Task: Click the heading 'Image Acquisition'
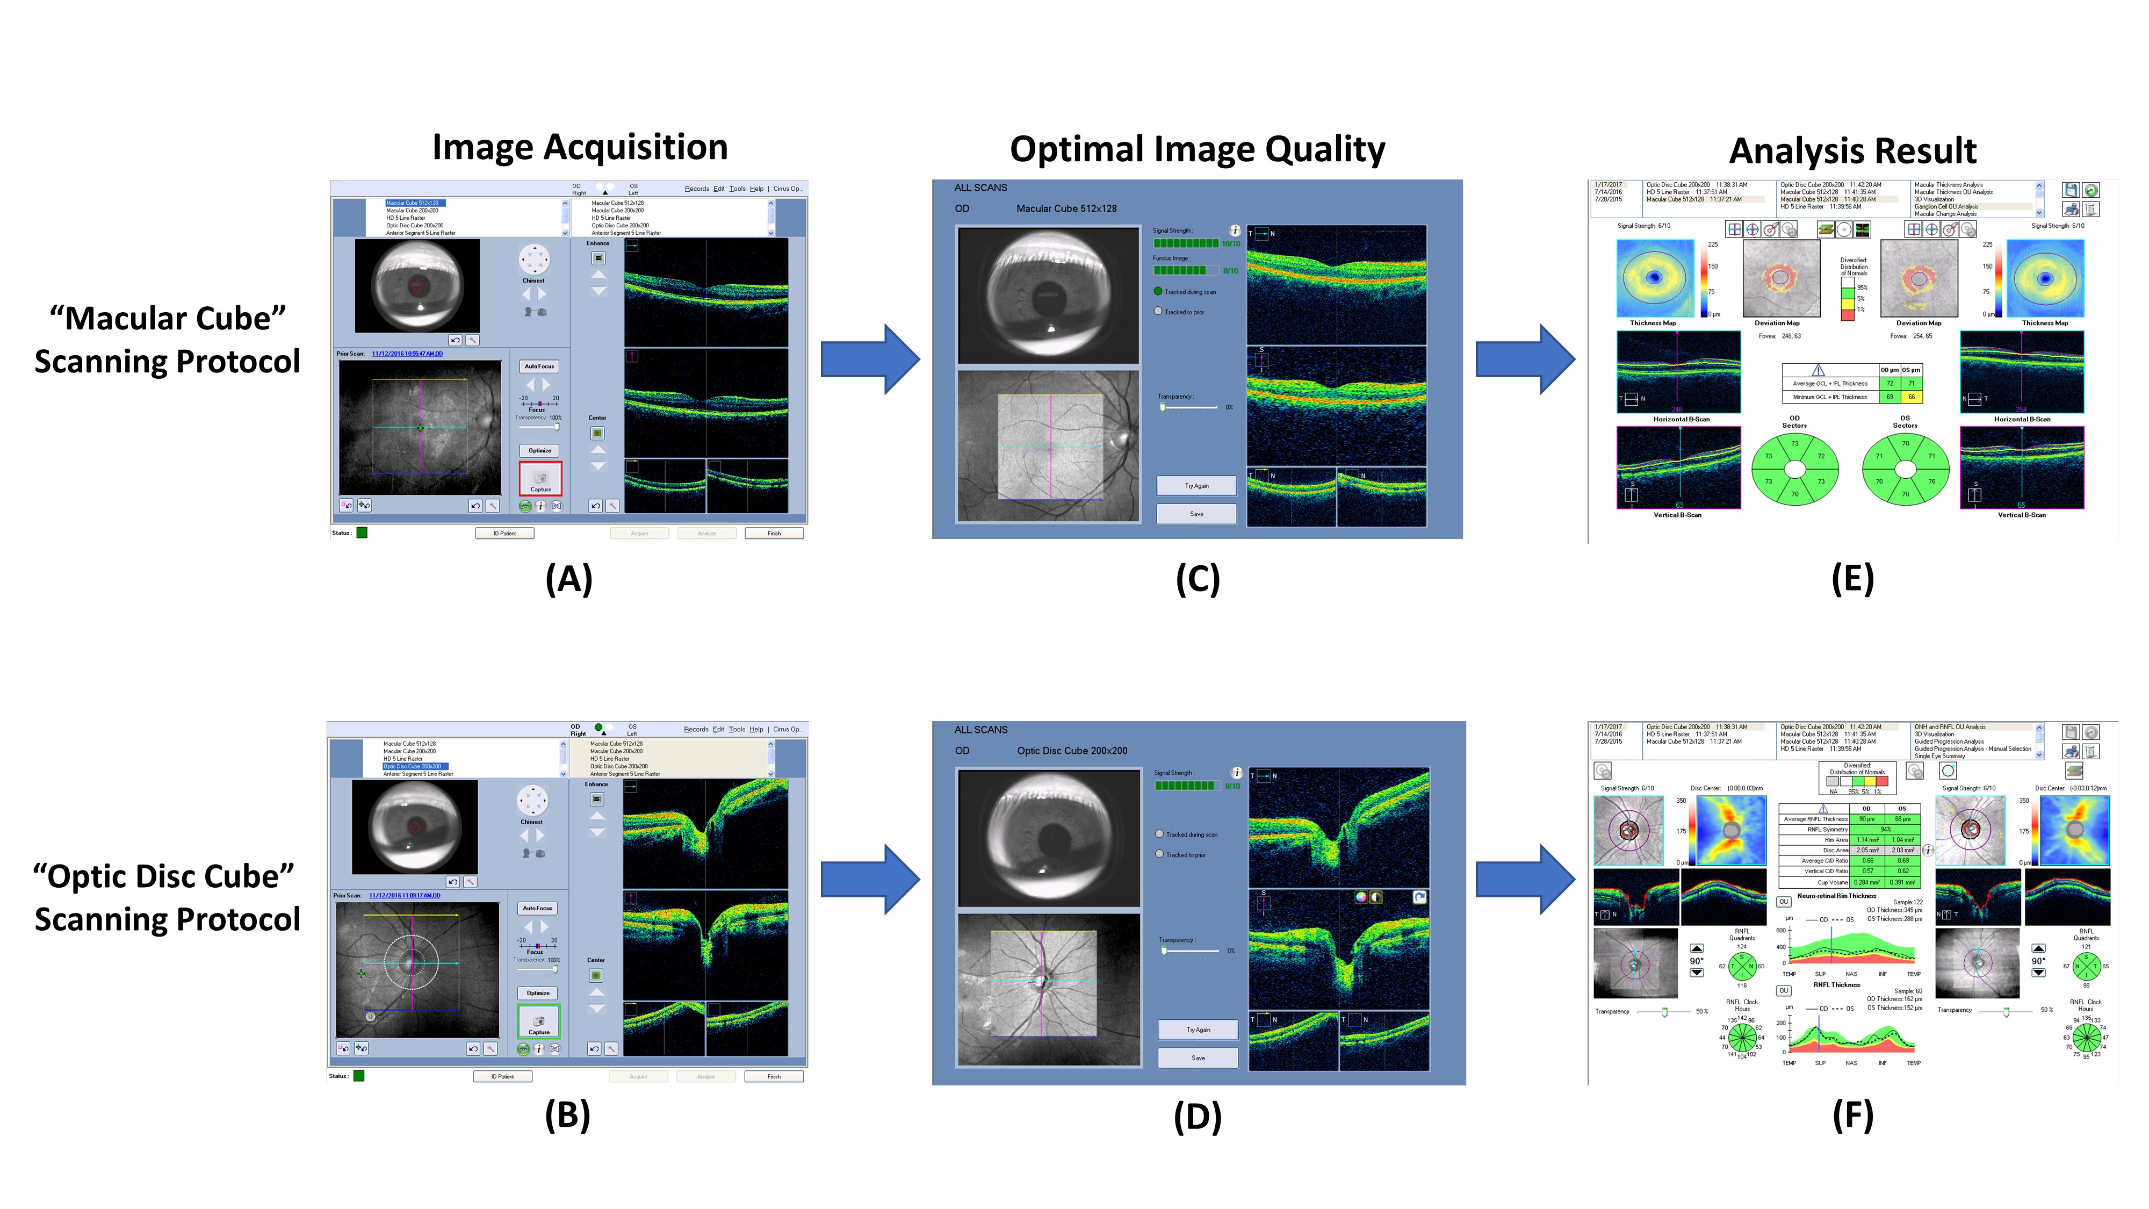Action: (580, 148)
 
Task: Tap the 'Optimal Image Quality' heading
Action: (1197, 150)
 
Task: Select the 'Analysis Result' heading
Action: (1852, 152)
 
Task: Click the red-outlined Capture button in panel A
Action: (540, 479)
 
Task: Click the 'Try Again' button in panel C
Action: (1196, 486)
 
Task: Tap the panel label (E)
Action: (1852, 578)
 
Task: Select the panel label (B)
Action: (567, 1115)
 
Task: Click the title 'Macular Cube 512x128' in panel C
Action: (1066, 208)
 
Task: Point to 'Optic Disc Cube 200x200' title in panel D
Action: (1072, 751)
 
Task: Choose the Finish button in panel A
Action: (774, 533)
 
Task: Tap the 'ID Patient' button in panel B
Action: (502, 1076)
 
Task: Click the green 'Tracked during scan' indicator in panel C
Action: (1158, 291)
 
